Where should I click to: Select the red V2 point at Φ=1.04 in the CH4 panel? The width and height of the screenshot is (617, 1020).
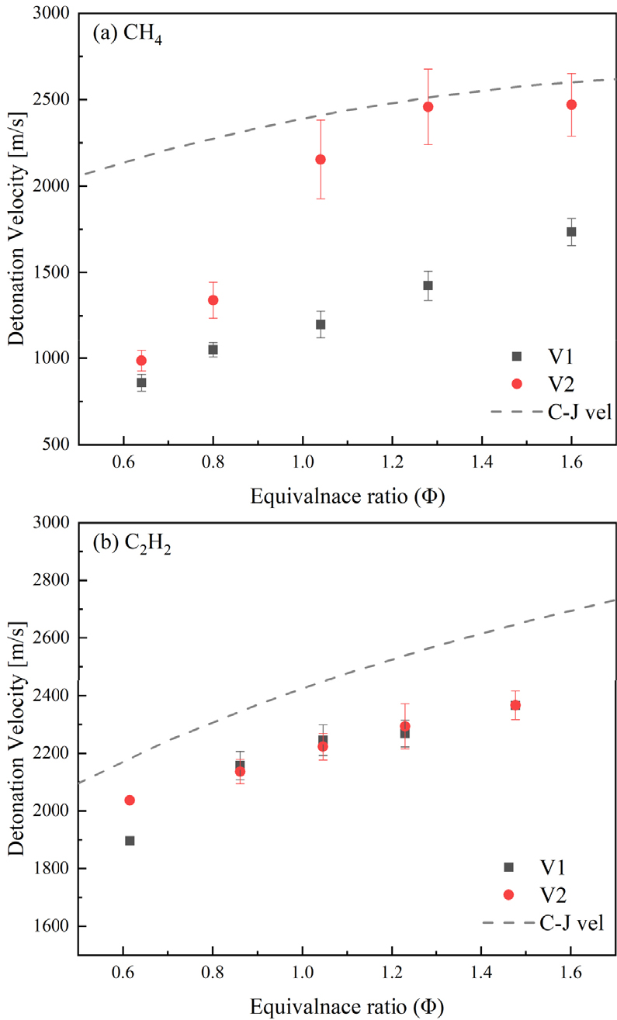(320, 159)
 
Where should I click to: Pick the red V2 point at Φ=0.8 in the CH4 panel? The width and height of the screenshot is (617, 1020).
(213, 300)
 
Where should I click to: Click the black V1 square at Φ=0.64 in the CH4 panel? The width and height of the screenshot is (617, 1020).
(141, 382)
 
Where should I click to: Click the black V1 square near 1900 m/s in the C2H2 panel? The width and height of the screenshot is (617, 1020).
(130, 841)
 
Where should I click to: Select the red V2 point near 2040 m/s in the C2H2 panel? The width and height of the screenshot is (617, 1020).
(130, 800)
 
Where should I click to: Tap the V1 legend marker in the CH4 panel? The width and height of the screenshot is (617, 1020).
(517, 356)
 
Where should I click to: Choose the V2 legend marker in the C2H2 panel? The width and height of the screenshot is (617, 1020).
(509, 894)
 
